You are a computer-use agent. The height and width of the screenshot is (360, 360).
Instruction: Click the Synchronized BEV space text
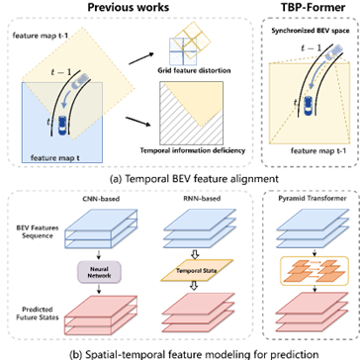309,34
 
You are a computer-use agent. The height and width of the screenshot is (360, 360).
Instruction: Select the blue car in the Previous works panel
63,123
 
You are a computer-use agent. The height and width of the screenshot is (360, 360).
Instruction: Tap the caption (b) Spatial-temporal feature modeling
179,351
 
